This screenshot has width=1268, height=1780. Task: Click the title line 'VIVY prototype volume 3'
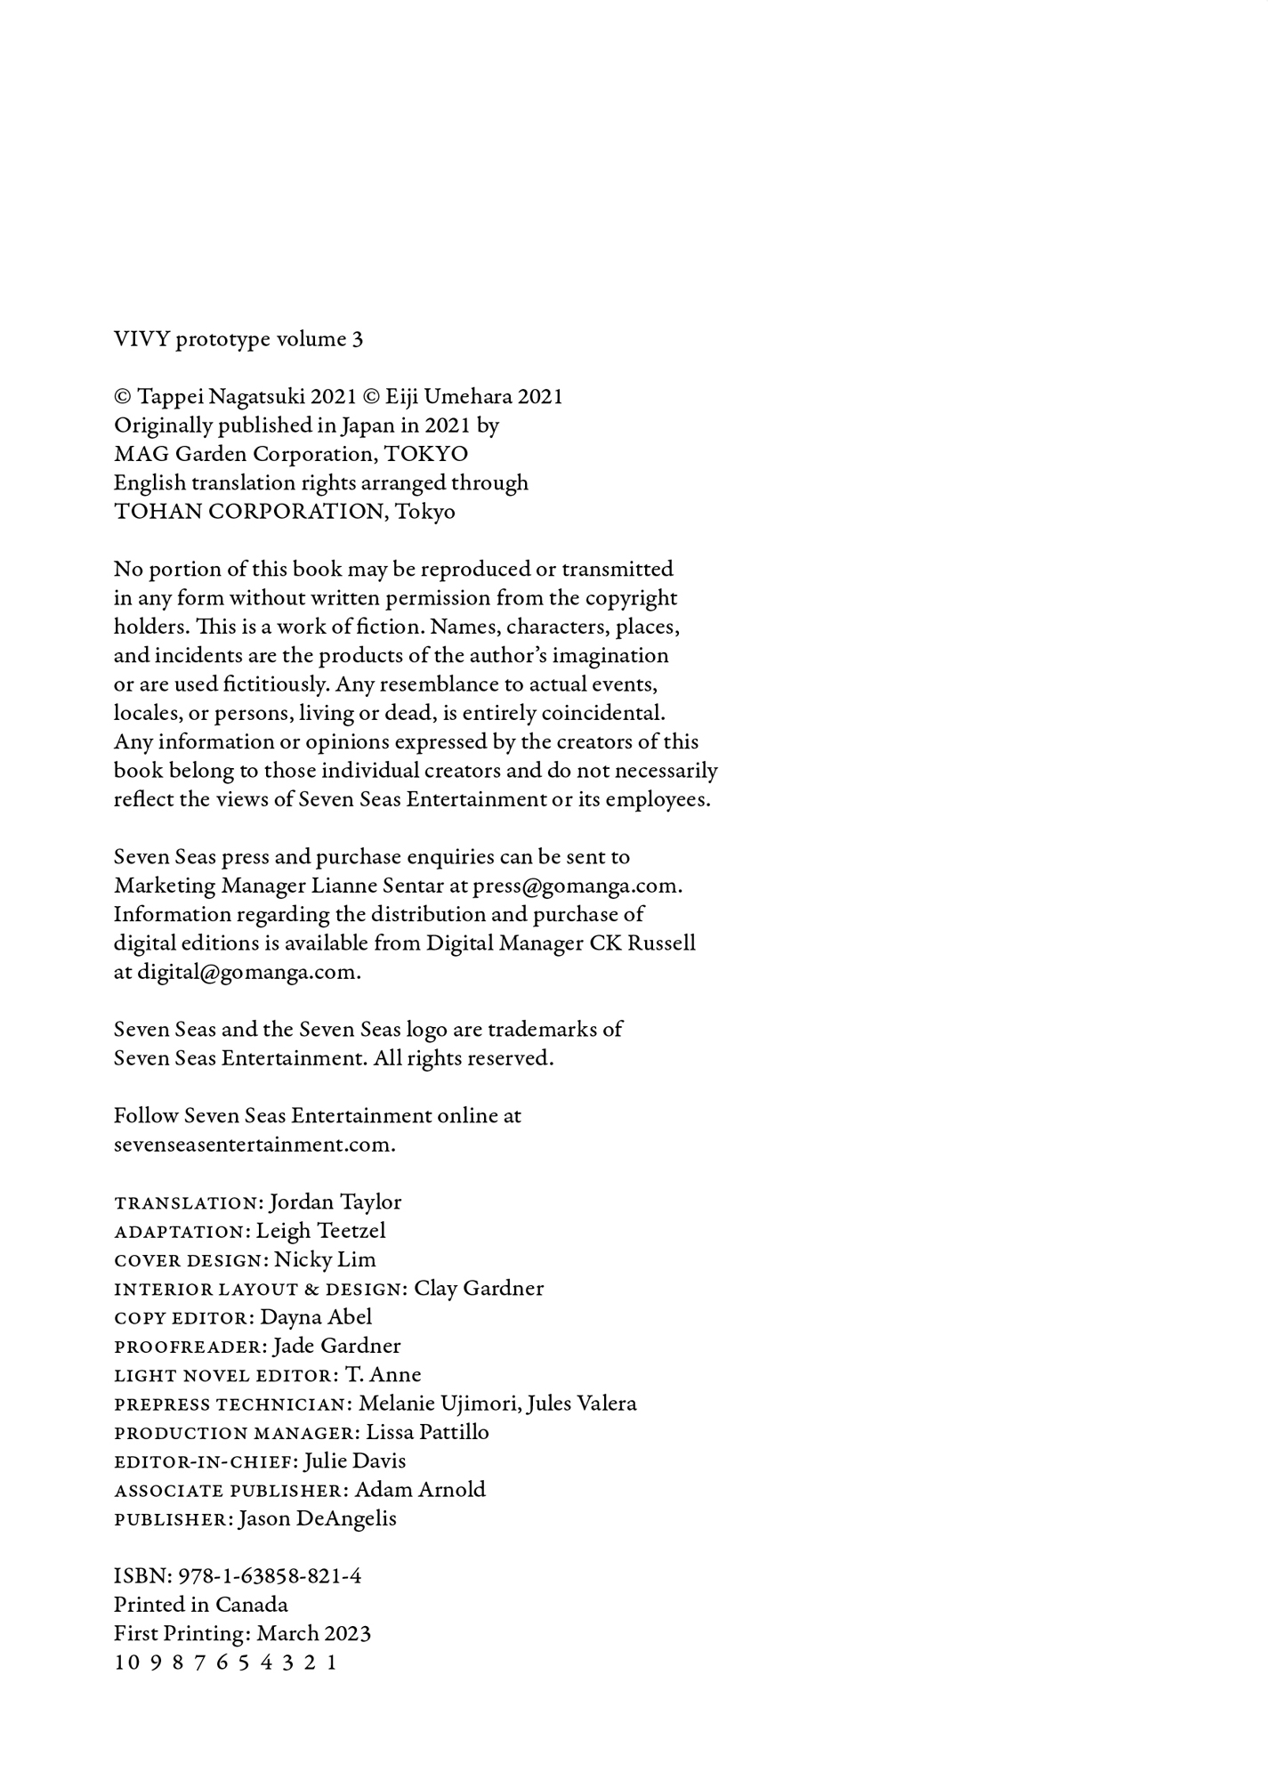(x=238, y=339)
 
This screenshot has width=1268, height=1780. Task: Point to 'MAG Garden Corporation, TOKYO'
(x=291, y=454)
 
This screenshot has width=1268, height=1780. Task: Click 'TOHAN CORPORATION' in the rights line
(x=248, y=512)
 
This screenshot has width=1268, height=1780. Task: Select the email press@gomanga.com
(x=577, y=886)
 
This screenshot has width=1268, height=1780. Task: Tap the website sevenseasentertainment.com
(x=254, y=1145)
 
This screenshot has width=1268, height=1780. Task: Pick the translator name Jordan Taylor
(x=335, y=1202)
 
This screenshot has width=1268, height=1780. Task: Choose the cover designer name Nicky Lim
(x=325, y=1259)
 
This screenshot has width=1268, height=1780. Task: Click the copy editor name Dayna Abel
(x=316, y=1317)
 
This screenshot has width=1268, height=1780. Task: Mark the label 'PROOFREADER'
(x=190, y=1347)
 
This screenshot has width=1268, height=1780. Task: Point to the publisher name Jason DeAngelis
(x=318, y=1518)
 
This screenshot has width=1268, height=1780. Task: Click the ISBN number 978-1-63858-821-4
(x=270, y=1576)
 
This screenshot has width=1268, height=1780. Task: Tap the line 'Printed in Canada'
(x=201, y=1605)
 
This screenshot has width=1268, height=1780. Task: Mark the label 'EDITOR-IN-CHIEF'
(x=206, y=1461)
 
